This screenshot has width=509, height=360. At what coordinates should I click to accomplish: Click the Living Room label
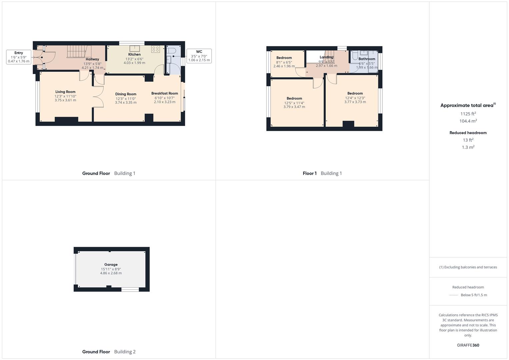[x=65, y=92]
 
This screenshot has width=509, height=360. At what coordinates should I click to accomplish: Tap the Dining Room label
[x=126, y=94]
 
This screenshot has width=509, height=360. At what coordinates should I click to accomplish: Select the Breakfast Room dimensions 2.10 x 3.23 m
[x=164, y=102]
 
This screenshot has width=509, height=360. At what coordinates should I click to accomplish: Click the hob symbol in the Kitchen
[x=155, y=49]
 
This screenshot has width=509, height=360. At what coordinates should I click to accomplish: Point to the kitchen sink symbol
[x=135, y=49]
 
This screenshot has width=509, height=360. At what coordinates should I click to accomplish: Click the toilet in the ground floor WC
[x=171, y=51]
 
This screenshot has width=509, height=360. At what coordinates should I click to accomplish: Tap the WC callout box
[x=199, y=56]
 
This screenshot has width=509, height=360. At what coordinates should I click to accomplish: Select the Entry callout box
[x=19, y=57]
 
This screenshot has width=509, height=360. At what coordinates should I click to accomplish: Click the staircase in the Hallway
[x=79, y=52]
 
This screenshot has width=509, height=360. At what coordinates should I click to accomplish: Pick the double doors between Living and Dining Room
[x=98, y=97]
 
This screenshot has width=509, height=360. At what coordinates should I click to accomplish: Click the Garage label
[x=111, y=265]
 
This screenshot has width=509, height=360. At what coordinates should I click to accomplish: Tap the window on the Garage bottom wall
[x=130, y=289]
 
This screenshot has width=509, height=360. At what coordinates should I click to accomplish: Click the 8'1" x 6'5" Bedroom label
[x=284, y=58]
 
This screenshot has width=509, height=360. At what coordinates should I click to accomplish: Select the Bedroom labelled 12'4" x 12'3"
[x=355, y=94]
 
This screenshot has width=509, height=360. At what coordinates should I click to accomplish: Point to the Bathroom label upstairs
[x=367, y=59]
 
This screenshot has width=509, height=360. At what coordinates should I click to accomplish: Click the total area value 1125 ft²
[x=468, y=114]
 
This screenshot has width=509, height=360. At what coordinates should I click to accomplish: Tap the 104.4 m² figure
[x=468, y=121]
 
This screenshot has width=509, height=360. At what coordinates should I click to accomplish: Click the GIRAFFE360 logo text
[x=468, y=345]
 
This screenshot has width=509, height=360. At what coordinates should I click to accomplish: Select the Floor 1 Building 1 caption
[x=322, y=173]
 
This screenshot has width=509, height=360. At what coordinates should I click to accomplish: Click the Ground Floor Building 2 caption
[x=109, y=352]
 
